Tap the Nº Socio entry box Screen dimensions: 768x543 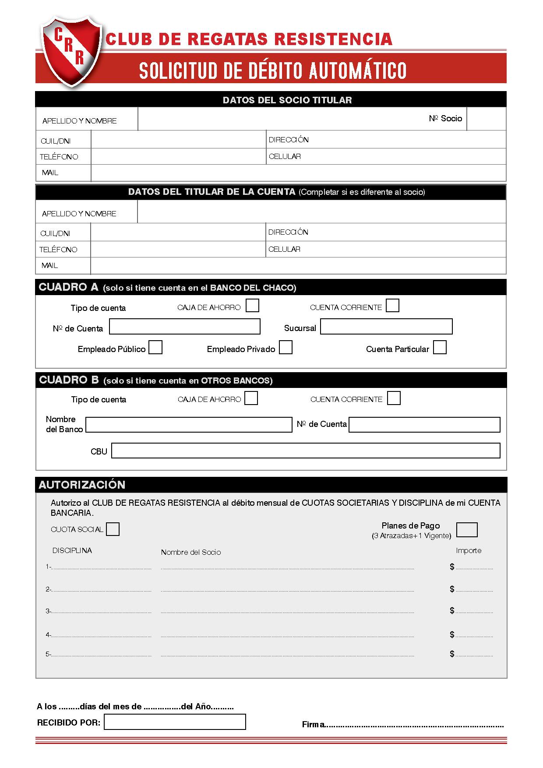tap(486, 119)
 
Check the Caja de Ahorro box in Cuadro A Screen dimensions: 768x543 tap(252, 305)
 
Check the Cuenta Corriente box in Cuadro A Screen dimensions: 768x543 tap(392, 305)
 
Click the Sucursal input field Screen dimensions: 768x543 tap(386, 327)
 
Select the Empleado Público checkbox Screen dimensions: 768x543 tap(155, 348)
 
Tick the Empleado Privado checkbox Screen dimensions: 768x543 tap(286, 348)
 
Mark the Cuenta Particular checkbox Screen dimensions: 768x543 tap(440, 348)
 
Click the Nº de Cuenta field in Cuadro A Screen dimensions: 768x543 tap(184, 327)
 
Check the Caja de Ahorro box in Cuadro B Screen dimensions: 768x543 tap(251, 398)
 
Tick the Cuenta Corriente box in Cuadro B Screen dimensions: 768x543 tap(394, 398)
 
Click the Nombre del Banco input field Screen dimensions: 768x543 tap(189, 425)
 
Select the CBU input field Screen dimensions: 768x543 tap(306, 451)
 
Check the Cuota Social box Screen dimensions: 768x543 tap(113, 529)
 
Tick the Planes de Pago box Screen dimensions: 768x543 tap(467, 529)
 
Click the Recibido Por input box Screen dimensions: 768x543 tap(175, 722)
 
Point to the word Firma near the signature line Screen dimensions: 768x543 tap(313, 725)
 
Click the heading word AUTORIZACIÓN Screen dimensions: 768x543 tap(82, 485)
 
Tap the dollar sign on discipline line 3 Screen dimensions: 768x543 tap(452, 610)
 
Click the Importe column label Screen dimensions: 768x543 tap(469, 551)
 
